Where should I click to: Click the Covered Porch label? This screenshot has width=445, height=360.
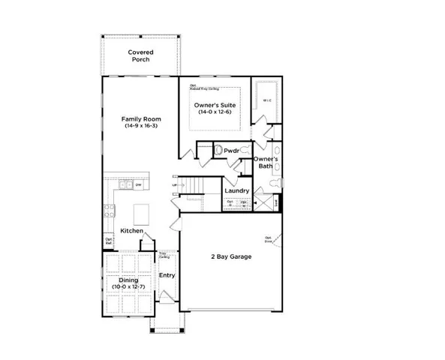[x=140, y=56]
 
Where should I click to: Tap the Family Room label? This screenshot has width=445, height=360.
[x=140, y=118]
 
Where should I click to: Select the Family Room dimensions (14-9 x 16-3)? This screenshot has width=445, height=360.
[x=140, y=126]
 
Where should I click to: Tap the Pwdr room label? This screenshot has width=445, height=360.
[x=231, y=151]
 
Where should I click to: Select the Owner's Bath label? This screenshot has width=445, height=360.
[x=266, y=163]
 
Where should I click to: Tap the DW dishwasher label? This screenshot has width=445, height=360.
[x=139, y=184]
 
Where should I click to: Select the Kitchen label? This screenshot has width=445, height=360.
[x=132, y=232]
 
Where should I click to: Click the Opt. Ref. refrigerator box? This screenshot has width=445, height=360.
[x=109, y=241]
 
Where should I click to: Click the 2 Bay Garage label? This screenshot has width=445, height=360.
[x=230, y=256]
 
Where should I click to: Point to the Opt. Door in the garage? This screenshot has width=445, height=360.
[x=268, y=240]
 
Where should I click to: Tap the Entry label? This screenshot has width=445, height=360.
[x=167, y=275]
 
